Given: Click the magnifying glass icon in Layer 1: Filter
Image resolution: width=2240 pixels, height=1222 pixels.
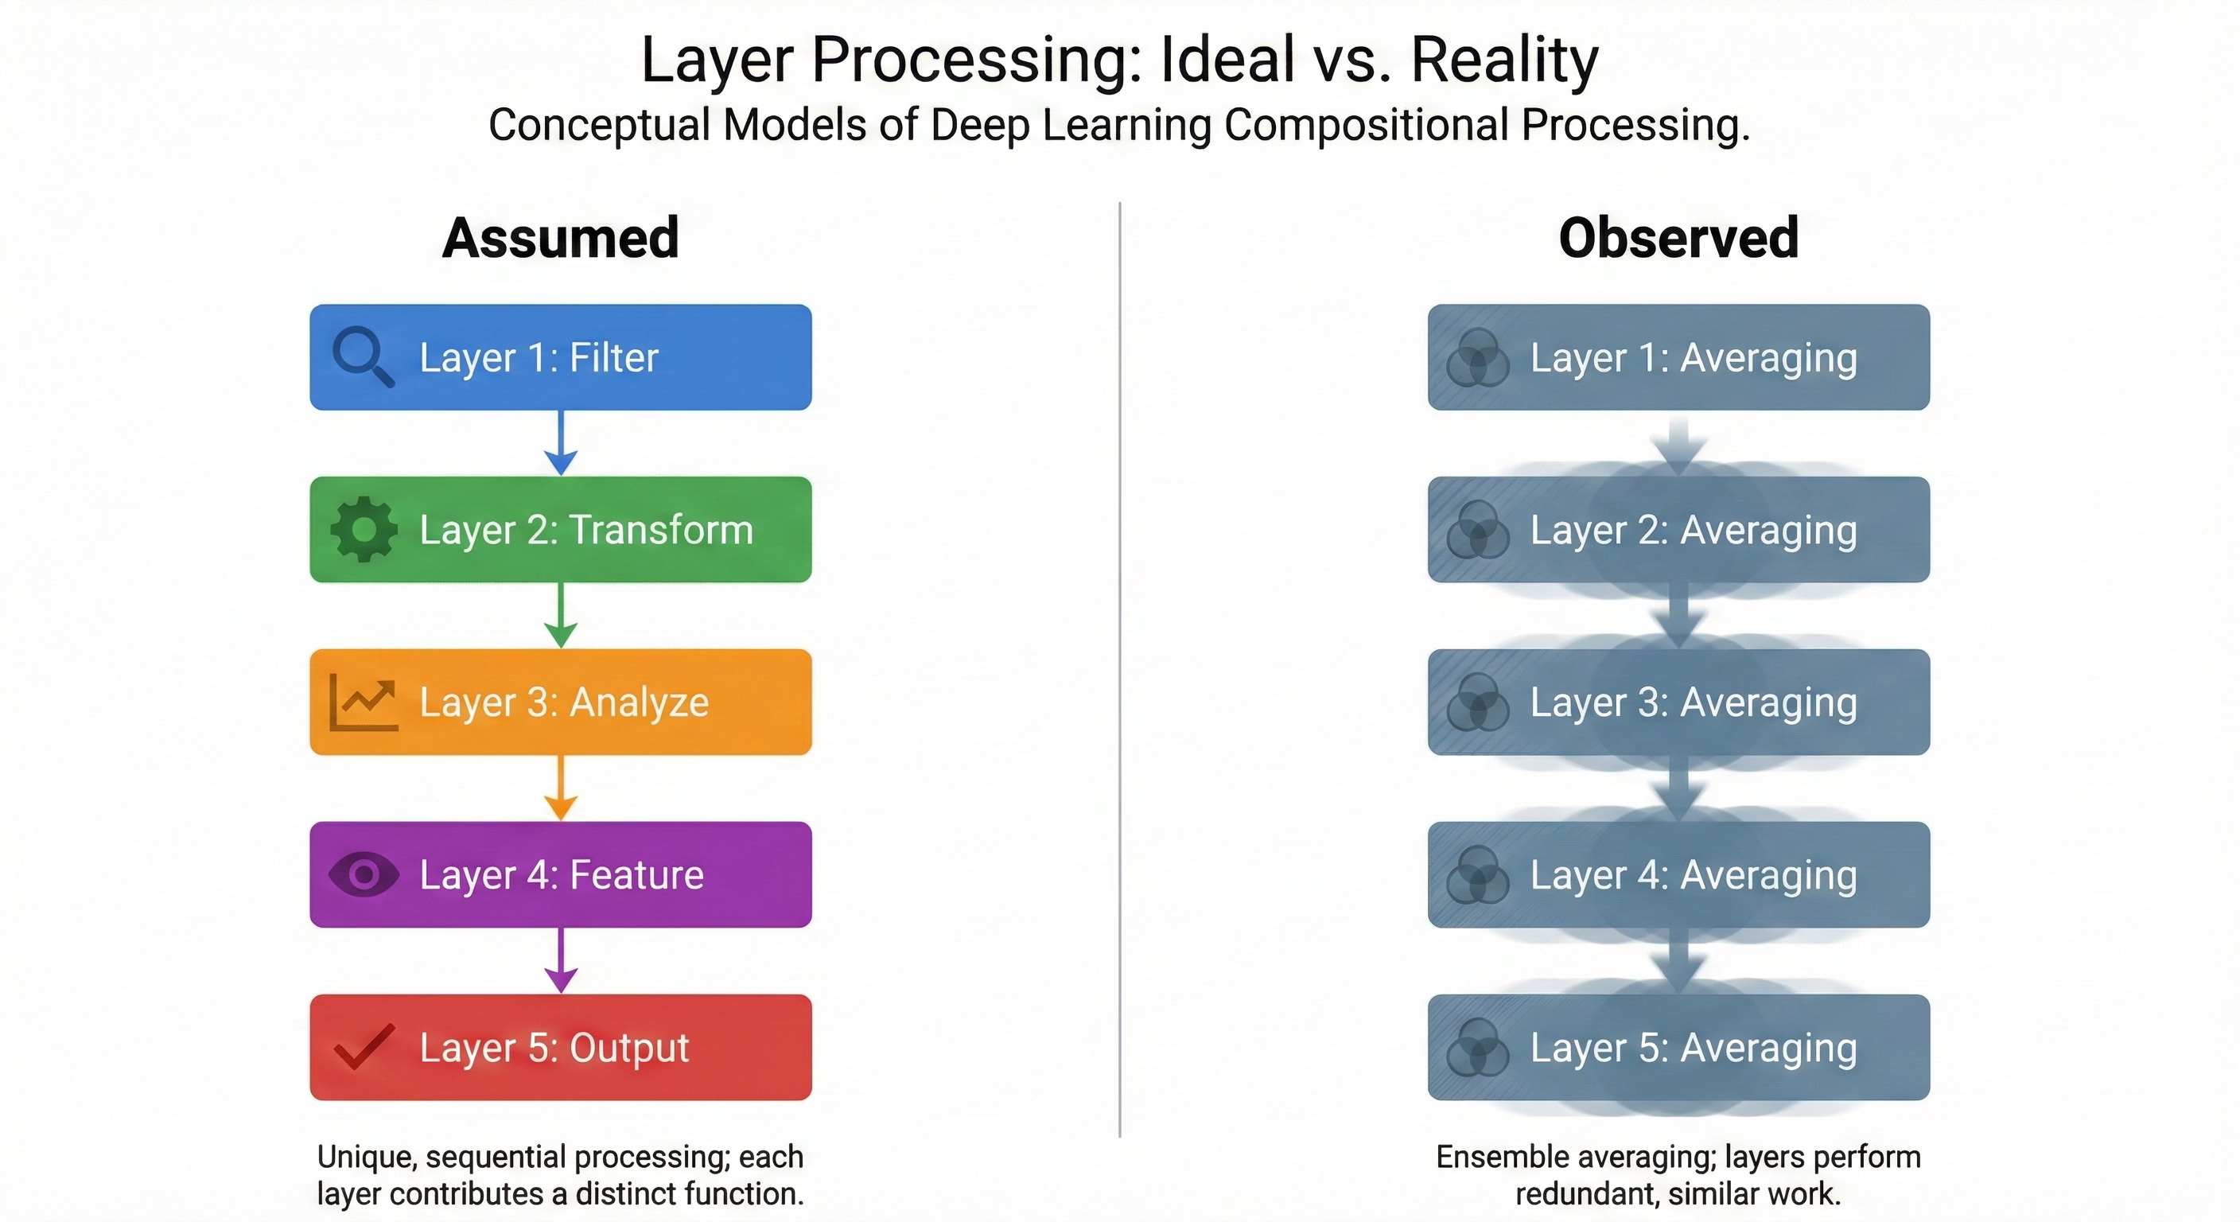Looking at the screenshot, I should point(363,356).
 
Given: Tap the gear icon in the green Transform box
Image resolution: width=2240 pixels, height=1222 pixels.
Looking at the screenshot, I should point(364,529).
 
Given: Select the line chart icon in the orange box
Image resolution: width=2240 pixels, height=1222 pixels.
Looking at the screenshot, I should point(364,702).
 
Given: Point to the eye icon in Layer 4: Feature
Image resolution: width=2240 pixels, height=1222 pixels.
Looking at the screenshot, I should point(364,874).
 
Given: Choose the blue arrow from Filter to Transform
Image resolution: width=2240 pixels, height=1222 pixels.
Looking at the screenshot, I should point(561,444).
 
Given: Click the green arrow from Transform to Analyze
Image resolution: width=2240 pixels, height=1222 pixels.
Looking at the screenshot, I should point(561,616).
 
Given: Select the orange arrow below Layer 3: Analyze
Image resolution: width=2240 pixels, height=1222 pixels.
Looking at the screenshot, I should point(561,788).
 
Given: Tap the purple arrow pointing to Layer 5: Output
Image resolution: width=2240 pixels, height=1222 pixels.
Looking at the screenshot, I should point(561,960).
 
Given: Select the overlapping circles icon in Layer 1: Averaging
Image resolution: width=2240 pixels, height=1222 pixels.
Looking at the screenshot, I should point(1476,357).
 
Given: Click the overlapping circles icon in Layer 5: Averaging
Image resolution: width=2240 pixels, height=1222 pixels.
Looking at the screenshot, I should point(1476,1047).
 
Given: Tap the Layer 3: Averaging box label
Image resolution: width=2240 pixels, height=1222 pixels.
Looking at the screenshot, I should point(1693,702).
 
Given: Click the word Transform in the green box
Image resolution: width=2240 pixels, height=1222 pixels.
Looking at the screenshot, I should point(661,530).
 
